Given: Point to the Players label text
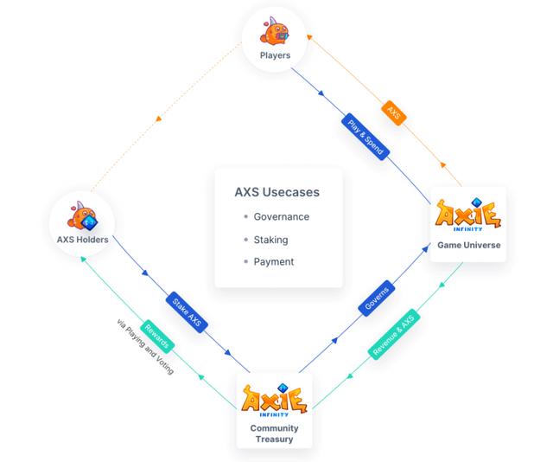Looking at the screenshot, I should point(275,56).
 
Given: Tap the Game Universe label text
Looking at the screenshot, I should point(469,245).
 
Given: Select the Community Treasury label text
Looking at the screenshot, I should point(274,433).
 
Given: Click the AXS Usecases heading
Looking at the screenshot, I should point(277,192).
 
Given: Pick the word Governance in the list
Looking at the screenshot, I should point(281,216).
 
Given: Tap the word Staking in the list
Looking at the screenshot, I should point(270,240).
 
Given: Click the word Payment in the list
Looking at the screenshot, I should point(274,261).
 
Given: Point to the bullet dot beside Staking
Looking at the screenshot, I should point(246,240).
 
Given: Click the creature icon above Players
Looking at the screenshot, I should point(275,32).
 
